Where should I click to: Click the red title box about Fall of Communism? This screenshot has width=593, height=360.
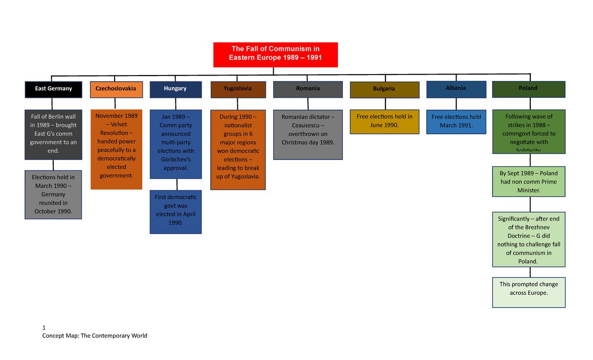275,54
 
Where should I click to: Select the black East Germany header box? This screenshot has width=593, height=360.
53,89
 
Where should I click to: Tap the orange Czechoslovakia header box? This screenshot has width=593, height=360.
116,89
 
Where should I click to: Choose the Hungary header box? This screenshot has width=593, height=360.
175,89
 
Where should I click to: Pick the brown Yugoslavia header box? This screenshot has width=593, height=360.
237,89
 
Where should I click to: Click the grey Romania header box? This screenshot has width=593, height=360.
307,89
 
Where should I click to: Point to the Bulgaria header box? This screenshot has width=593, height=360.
384,89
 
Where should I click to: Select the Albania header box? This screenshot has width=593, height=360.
456,88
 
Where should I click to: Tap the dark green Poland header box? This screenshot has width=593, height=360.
528,88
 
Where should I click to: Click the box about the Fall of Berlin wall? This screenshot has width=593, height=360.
53,134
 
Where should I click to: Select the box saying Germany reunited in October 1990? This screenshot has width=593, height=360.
53,194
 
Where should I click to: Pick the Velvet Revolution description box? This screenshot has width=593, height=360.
116,149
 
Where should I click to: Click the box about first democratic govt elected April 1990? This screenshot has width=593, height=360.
175,211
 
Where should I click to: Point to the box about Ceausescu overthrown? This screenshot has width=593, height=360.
307,134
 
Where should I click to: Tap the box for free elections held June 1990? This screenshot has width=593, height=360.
384,121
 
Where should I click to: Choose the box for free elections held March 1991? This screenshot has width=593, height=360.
456,121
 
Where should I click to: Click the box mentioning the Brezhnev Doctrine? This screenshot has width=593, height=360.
528,240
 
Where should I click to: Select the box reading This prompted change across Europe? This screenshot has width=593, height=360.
528,292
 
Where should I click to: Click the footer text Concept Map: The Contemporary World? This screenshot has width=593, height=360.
95,336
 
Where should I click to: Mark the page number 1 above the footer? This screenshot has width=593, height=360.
44,328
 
